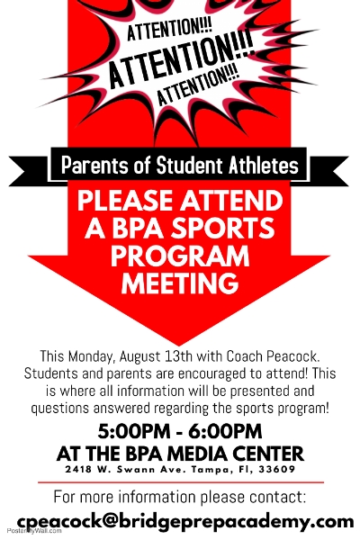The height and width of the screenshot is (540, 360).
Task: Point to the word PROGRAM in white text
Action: click(180, 256)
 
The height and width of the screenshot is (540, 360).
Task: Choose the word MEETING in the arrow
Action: click(180, 283)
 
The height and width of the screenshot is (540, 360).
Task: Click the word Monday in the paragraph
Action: click(91, 356)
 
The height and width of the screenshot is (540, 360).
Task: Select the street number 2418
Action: click(78, 469)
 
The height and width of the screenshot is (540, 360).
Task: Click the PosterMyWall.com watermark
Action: click(34, 531)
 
